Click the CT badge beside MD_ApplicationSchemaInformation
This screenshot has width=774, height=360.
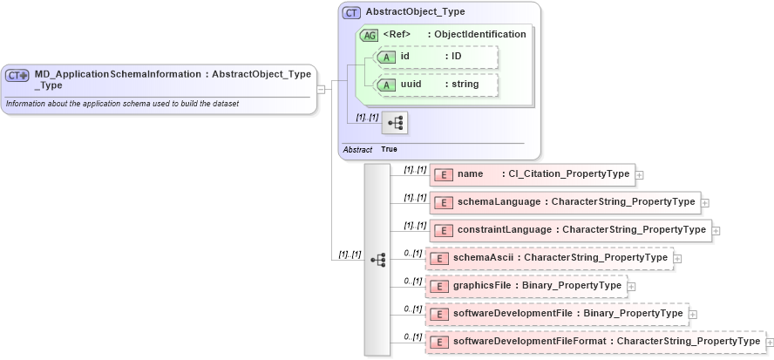(17, 76)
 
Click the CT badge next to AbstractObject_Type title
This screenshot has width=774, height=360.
(351, 13)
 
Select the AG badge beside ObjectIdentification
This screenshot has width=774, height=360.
(368, 35)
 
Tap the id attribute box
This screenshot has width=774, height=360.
(435, 57)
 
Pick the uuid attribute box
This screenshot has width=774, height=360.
(435, 85)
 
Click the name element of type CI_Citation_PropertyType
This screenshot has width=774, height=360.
(532, 174)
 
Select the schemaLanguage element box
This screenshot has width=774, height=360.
(565, 202)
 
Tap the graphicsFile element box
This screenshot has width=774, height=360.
(526, 286)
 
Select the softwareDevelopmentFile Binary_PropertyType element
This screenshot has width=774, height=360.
(557, 314)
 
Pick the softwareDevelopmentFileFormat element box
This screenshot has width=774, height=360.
(595, 342)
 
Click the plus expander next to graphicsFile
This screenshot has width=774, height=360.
(632, 287)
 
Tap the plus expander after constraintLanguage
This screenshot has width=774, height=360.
(716, 231)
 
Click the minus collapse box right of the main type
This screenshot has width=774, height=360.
(321, 89)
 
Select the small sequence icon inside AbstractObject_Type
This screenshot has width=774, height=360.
(395, 123)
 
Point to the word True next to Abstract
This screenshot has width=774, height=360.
(389, 149)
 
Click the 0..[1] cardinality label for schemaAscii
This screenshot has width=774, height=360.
(413, 253)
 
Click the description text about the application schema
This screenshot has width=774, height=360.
(122, 104)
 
